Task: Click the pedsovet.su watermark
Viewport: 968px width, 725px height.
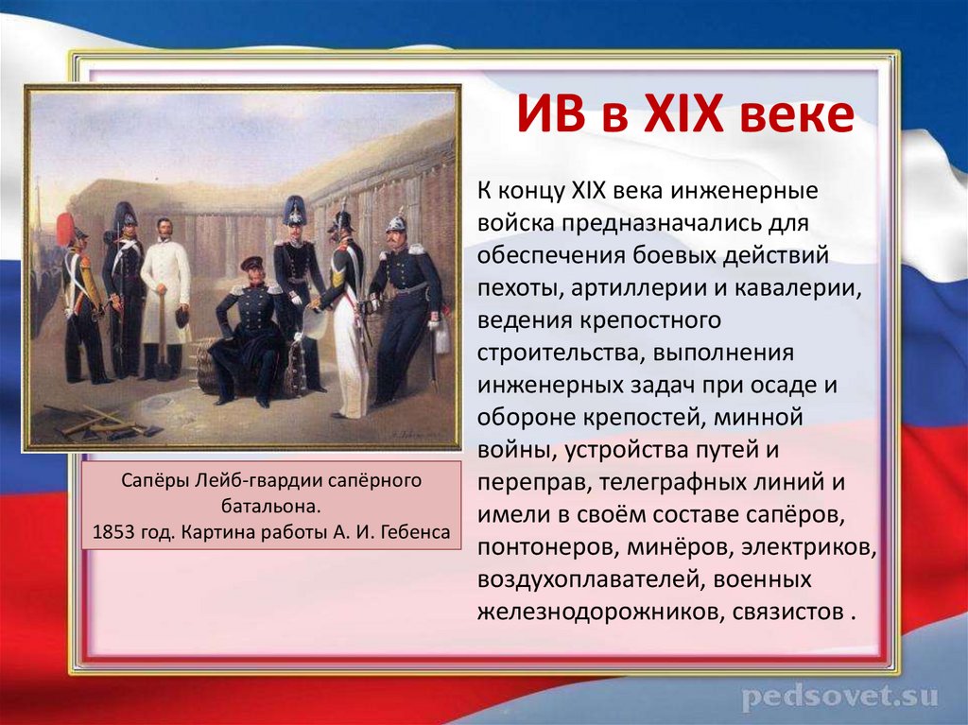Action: tap(839, 698)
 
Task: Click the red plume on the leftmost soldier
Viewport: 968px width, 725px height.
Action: tap(64, 227)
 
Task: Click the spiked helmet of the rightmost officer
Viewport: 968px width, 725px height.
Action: tap(396, 222)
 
